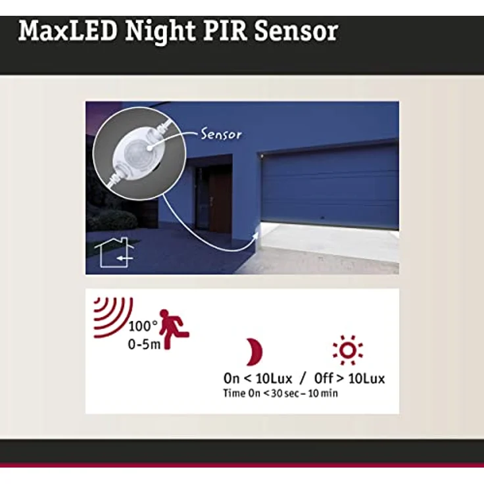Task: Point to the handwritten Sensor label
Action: pos(220,135)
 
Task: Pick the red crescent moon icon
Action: pos(253,352)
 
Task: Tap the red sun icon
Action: pos(347,350)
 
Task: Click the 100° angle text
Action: pos(143,326)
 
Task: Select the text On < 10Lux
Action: pos(256,378)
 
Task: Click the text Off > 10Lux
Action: pos(349,378)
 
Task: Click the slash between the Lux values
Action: pos(302,378)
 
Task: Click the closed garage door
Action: pos(329,184)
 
